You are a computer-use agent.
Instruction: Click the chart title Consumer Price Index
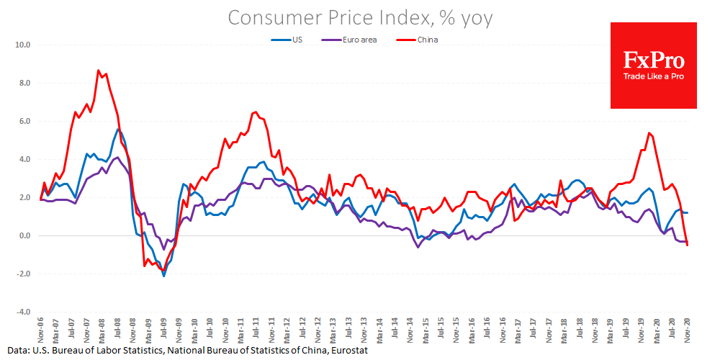[360, 17]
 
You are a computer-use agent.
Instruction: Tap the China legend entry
[427, 40]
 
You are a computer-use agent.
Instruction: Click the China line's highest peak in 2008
[98, 70]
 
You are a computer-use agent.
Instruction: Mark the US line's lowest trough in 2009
[163, 276]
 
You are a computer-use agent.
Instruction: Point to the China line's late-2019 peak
[649, 132]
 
